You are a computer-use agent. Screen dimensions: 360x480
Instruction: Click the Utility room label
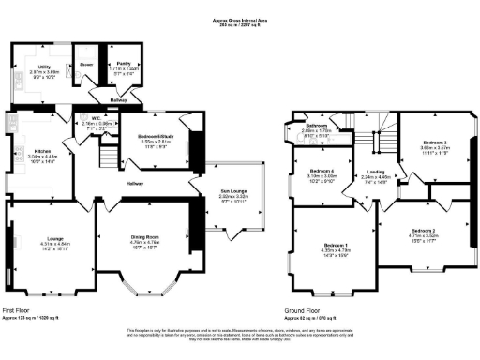(43, 67)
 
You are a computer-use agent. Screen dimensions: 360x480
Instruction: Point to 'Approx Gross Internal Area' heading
(240, 18)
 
